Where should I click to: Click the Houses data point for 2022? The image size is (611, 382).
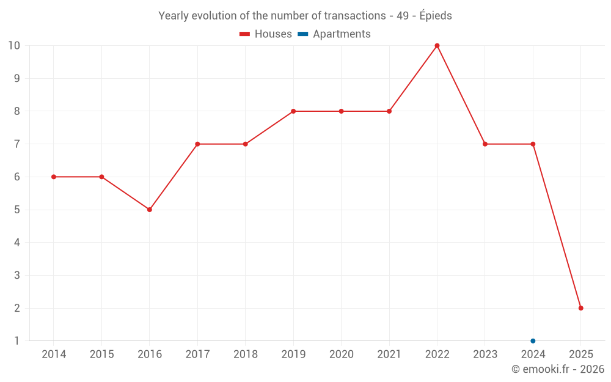click(x=437, y=46)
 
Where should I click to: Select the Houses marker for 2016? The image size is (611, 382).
click(x=150, y=210)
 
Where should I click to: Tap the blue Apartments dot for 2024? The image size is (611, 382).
click(x=533, y=340)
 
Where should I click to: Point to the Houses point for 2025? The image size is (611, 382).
click(x=580, y=308)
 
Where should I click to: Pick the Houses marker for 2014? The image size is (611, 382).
click(x=54, y=177)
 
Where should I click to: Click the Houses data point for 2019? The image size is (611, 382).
click(x=293, y=111)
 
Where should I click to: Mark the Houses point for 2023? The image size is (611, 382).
click(x=485, y=144)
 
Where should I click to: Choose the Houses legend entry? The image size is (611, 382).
click(x=266, y=34)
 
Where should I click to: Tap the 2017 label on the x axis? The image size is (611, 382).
click(x=197, y=354)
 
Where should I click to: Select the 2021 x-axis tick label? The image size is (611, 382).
click(x=389, y=354)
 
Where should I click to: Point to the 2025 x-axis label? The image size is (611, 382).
click(x=580, y=354)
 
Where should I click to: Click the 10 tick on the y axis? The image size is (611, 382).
click(x=14, y=46)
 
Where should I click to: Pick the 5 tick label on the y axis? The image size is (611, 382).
click(x=16, y=210)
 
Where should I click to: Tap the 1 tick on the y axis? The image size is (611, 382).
click(x=16, y=340)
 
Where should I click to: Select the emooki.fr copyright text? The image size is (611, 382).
click(x=558, y=369)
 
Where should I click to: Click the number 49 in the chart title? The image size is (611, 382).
click(x=403, y=16)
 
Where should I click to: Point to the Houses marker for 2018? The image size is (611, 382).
click(x=246, y=144)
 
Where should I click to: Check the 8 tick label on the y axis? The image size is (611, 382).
click(x=16, y=111)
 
